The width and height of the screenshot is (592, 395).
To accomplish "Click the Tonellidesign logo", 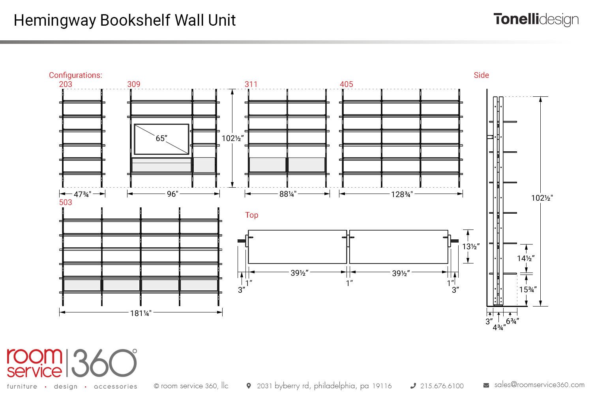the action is pos(536,20).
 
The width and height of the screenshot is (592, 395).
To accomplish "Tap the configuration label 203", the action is pos(66,84).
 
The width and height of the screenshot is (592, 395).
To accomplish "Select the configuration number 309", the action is pos(134,84).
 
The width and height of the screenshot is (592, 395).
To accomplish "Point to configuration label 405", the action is pos(346,84).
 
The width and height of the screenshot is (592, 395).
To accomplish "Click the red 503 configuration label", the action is pos(66,202).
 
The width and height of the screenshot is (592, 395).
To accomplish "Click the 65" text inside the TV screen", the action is pos(161,138).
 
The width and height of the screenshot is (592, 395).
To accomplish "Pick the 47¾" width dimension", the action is pos(82,194).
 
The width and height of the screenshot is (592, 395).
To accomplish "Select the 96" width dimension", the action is pos(172,194).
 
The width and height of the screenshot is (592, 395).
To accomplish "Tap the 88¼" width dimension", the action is pos(288,194).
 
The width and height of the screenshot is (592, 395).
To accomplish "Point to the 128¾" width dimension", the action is pos(402,194).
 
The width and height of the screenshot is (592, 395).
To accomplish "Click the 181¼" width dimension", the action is pos(141,313).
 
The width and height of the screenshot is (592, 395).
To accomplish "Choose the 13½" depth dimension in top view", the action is pos(471,246).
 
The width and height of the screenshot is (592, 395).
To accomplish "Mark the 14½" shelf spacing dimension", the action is pos(526,258).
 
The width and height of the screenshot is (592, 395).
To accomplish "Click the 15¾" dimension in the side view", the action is pos(528,290).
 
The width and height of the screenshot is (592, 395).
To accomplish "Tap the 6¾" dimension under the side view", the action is pos(512,321).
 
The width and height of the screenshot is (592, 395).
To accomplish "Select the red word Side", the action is pos(481,75).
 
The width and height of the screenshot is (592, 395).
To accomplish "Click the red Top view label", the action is pos(252,215).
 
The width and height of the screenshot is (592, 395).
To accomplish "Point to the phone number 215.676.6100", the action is pos(442,386).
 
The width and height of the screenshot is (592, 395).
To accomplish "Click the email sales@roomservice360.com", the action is pos(539,385).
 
